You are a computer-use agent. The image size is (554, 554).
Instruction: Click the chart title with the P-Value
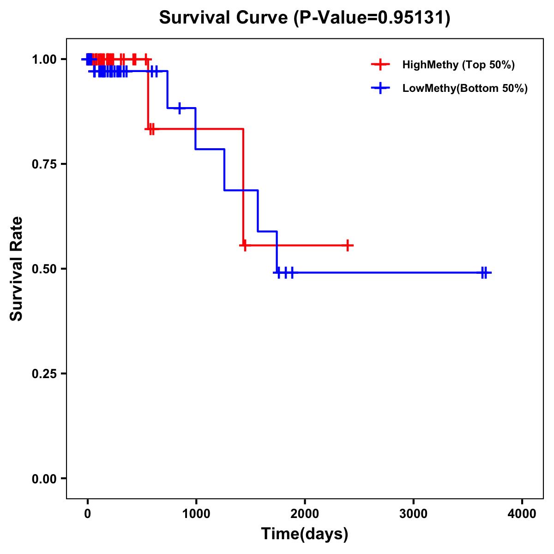pos(305,18)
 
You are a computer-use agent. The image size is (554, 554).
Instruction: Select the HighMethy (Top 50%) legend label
pos(458,65)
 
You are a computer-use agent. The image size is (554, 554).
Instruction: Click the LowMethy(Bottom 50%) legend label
pos(465,88)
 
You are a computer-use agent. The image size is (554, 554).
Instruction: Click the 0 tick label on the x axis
pos(87,514)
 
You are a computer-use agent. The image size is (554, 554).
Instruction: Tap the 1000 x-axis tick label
pos(196,514)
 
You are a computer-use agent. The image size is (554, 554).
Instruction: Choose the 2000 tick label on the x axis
pos(305,514)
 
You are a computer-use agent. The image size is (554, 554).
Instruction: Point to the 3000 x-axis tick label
pos(413,514)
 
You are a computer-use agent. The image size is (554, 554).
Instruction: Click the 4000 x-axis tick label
pos(522,514)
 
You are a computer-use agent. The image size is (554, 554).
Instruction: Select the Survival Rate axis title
pos(17,269)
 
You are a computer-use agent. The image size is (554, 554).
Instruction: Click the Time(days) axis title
pos(305,534)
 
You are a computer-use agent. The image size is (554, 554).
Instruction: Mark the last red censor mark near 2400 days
pos(348,246)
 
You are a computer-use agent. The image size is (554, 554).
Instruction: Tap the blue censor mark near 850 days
pos(180,108)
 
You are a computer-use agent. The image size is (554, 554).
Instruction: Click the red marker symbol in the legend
pos(380,65)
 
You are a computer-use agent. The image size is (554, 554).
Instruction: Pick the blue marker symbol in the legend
pos(380,88)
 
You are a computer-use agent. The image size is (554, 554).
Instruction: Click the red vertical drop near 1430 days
pos(243,187)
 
